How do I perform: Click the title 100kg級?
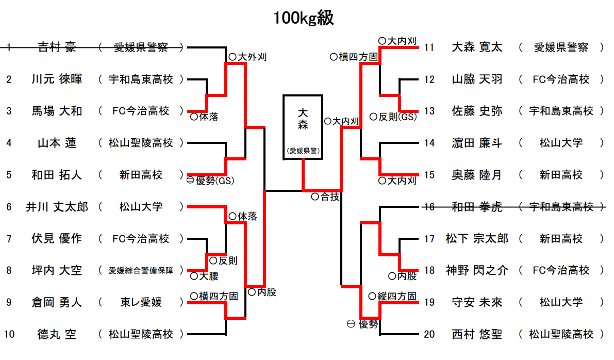coord(304,19)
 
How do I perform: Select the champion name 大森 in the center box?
coord(303,118)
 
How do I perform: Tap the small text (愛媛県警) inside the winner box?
coord(303,151)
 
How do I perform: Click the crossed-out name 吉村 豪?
coord(57,47)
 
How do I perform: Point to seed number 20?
coord(429,334)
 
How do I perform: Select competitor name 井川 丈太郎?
coord(57,207)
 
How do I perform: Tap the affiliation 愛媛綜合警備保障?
coord(141,270)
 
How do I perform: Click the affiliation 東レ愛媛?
coord(141,302)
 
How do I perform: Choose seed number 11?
coord(429,47)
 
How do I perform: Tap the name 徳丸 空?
coord(57,334)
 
